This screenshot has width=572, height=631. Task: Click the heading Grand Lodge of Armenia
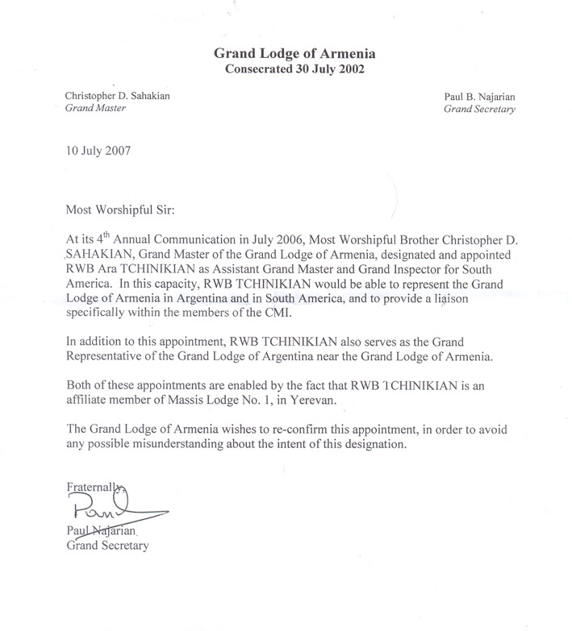tap(294, 54)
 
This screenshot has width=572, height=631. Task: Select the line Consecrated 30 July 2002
tap(294, 69)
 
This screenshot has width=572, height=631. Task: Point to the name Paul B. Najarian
tap(478, 96)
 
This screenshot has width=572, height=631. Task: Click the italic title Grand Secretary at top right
tap(479, 110)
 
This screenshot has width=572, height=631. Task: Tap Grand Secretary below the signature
tap(106, 545)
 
